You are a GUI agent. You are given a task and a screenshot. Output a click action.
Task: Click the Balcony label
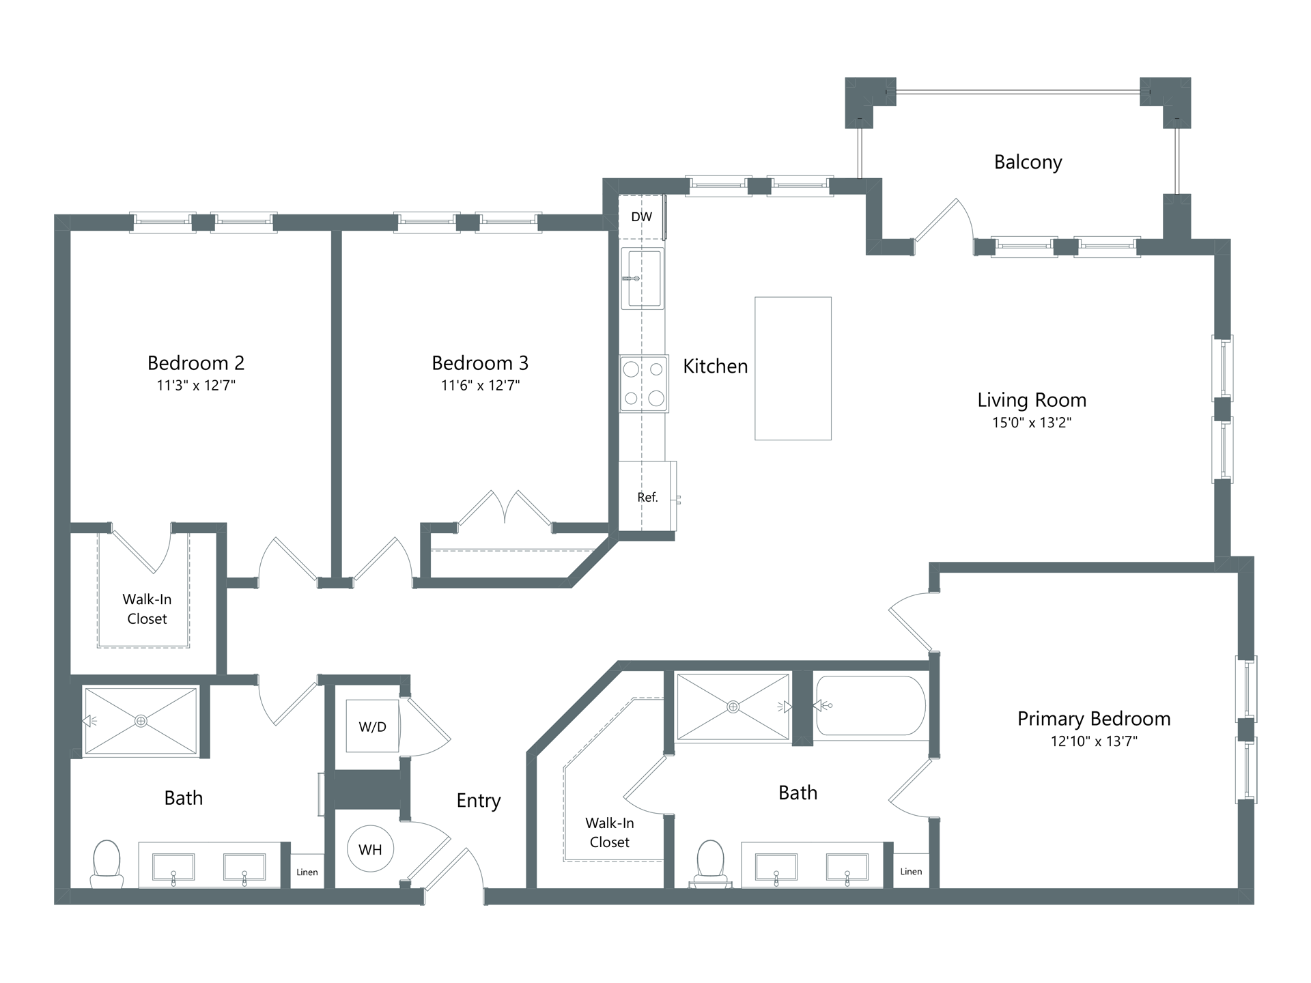click(1028, 162)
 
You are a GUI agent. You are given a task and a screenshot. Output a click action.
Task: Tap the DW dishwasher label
click(641, 217)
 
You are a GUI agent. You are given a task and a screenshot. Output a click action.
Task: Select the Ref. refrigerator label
click(647, 498)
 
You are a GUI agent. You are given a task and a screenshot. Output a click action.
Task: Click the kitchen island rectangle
click(793, 369)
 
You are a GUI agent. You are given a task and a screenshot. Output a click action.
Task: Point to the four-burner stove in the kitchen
click(644, 384)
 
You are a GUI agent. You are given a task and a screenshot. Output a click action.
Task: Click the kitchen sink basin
click(643, 279)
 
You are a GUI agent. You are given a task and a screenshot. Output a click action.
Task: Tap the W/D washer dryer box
click(372, 726)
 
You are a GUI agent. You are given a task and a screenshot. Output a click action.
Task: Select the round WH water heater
click(370, 849)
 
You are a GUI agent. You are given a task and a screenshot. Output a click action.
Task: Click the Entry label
click(479, 801)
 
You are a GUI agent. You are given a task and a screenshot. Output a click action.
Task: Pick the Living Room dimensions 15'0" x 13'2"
click(1031, 423)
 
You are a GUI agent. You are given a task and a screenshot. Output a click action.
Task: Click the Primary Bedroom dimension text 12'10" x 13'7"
click(1094, 741)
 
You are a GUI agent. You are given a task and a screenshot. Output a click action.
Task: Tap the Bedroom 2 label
click(196, 362)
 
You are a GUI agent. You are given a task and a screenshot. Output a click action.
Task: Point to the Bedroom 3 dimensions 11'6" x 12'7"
click(480, 386)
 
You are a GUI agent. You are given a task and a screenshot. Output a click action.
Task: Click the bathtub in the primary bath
click(871, 706)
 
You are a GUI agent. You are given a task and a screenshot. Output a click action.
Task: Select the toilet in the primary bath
click(710, 864)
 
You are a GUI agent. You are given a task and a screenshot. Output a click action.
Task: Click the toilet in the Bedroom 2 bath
click(107, 864)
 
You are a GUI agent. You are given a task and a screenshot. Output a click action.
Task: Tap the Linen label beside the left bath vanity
click(307, 872)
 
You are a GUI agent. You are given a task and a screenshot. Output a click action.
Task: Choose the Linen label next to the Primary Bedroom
click(911, 872)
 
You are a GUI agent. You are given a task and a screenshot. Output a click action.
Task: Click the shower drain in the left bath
click(141, 721)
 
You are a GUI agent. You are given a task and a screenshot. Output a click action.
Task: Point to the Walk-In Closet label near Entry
click(610, 833)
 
